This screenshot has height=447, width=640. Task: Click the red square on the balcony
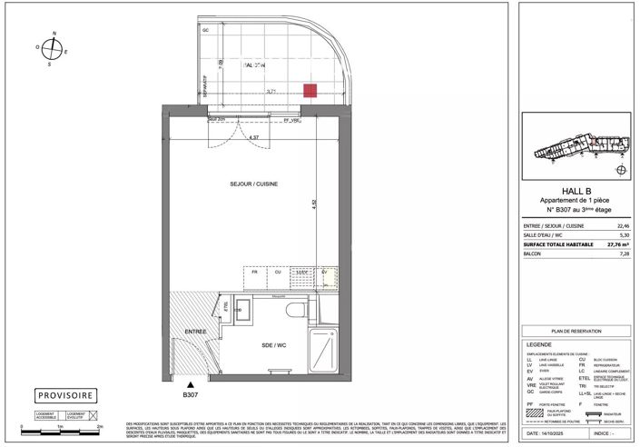tap(310, 90)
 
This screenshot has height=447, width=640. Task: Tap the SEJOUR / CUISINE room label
tap(253, 184)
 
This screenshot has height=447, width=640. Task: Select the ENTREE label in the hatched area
tap(195, 332)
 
